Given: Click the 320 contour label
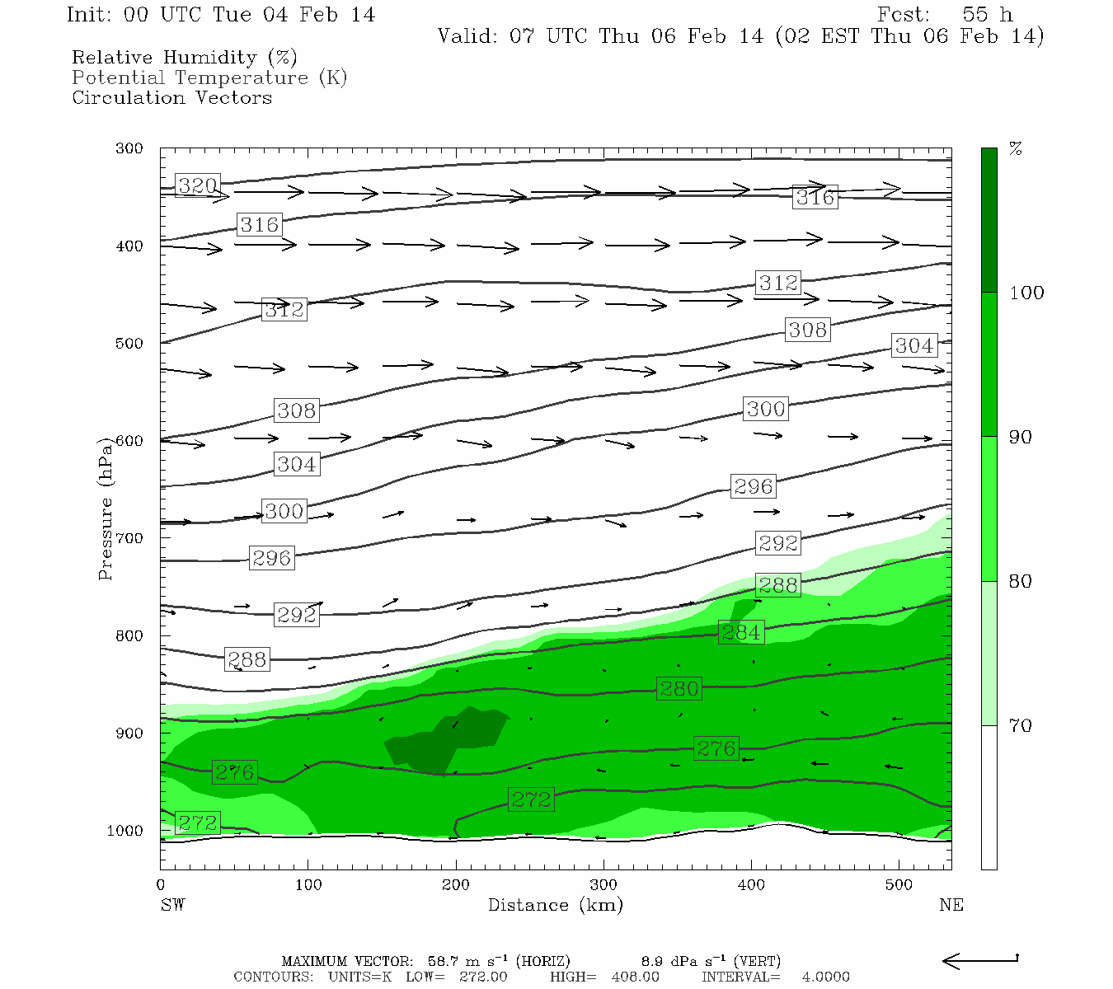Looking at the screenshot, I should point(198,186).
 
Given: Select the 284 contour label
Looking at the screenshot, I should point(741,632).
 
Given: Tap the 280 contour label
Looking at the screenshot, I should point(679,688).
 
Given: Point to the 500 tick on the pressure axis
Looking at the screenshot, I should point(129,344).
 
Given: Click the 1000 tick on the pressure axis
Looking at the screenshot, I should point(125,831).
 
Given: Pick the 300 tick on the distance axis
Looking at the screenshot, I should point(603,885).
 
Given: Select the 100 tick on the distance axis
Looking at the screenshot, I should point(308,885).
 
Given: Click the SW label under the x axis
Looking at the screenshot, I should point(172,905).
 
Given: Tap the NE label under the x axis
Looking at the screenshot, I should point(951,905).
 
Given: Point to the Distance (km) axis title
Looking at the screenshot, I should point(555,905).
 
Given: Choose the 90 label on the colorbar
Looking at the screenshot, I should point(1021,437).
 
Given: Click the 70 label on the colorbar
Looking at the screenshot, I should point(1021,725).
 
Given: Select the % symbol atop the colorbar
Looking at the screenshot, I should point(1016,149).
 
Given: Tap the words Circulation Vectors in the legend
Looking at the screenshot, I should point(171,97).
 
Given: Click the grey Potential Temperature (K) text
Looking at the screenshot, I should point(209,77).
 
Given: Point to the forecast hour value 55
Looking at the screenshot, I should point(974,15).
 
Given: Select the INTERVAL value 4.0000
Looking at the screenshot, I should point(825,977).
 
